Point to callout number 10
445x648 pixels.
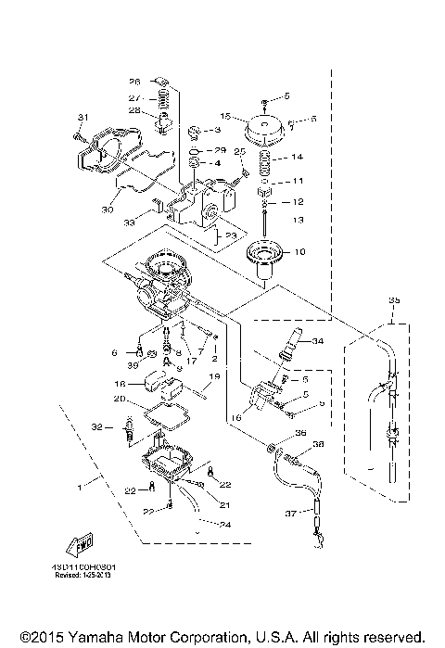299,252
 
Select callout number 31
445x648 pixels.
81,116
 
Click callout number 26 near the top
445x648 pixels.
133,81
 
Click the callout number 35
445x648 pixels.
394,301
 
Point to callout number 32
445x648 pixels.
96,426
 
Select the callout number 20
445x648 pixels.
120,399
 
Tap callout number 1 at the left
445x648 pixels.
81,483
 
